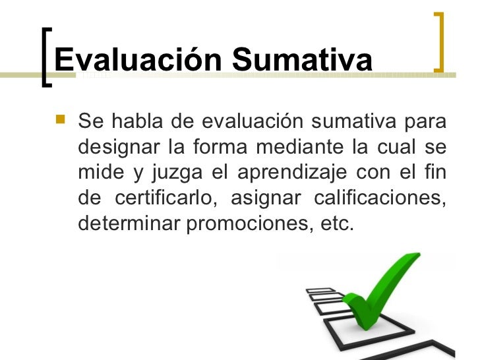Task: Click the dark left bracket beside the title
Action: pyautogui.click(x=45, y=58)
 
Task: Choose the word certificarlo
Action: pyautogui.click(x=173, y=198)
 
